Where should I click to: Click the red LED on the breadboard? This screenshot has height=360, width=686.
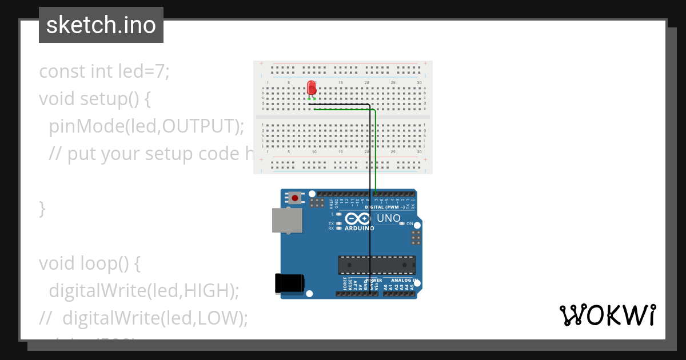pyautogui.click(x=312, y=87)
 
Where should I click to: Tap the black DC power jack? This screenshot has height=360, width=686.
pyautogui.click(x=289, y=283)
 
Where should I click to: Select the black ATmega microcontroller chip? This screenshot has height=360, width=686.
pyautogui.click(x=377, y=265)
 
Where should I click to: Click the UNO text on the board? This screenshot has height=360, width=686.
pyautogui.click(x=388, y=218)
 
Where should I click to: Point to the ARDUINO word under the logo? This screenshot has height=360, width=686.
pyautogui.click(x=359, y=228)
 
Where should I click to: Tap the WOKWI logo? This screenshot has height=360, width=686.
pyautogui.click(x=607, y=315)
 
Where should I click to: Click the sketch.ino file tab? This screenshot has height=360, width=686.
pyautogui.click(x=101, y=25)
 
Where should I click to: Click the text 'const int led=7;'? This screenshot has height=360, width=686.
pyautogui.click(x=104, y=71)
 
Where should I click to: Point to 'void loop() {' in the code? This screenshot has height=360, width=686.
pyautogui.click(x=89, y=263)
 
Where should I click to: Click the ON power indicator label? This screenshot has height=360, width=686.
pyautogui.click(x=409, y=223)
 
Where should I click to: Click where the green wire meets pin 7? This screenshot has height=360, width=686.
pyautogui.click(x=376, y=193)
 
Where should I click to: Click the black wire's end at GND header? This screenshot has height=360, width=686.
pyautogui.click(x=370, y=293)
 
